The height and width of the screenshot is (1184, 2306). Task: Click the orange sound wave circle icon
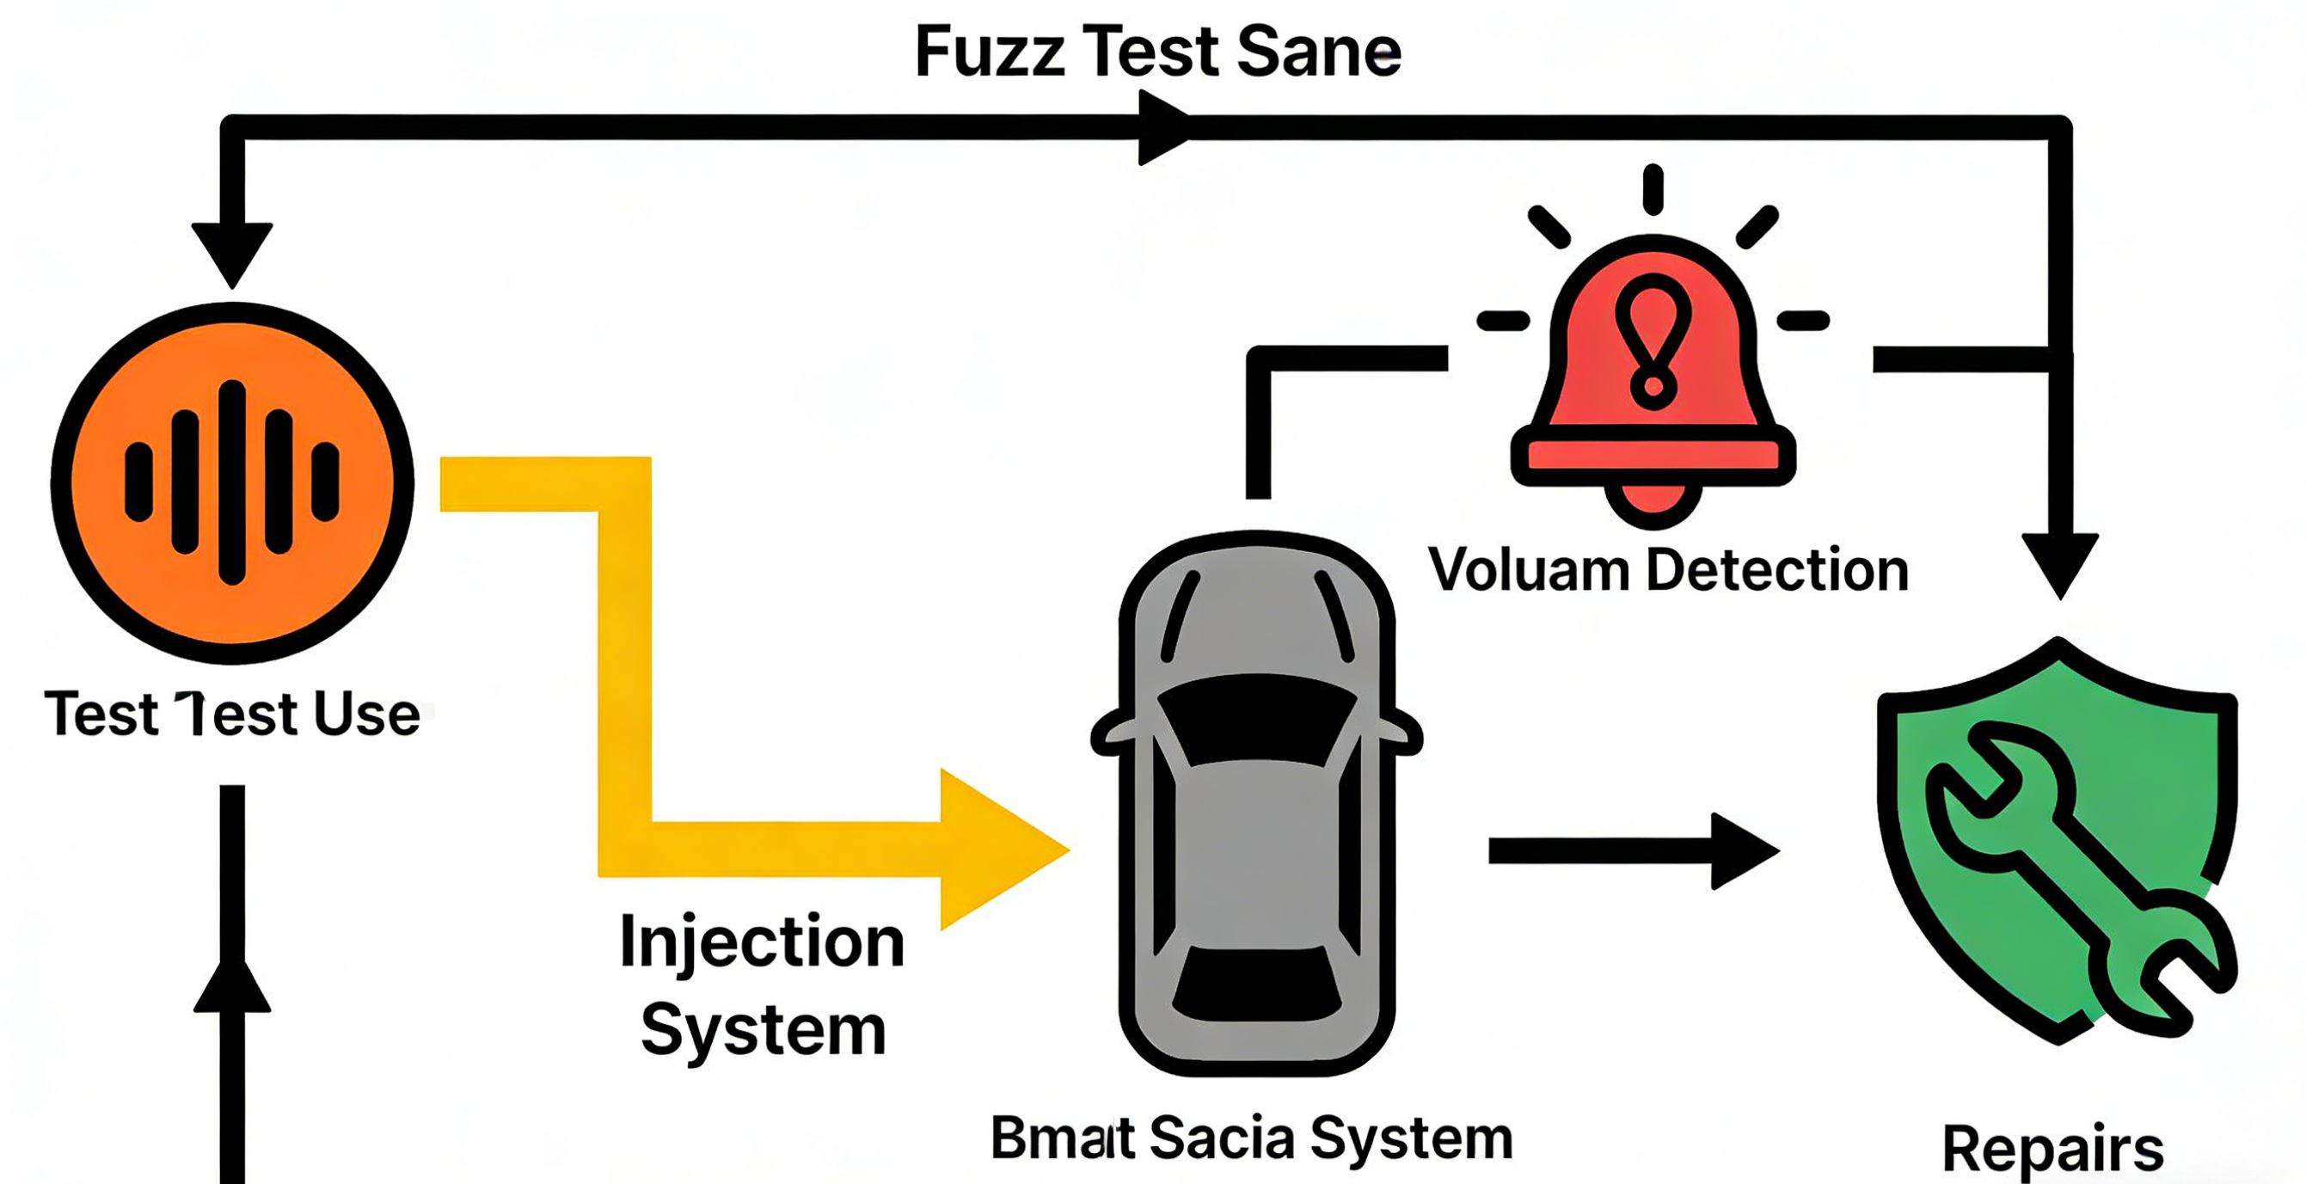click(232, 482)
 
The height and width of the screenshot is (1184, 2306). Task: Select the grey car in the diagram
click(1256, 806)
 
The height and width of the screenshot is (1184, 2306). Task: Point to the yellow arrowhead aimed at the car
click(1003, 850)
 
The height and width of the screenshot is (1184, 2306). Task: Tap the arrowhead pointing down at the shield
click(2061, 564)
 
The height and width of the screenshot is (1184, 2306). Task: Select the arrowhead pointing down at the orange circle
click(232, 253)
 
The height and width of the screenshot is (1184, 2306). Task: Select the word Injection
click(762, 942)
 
